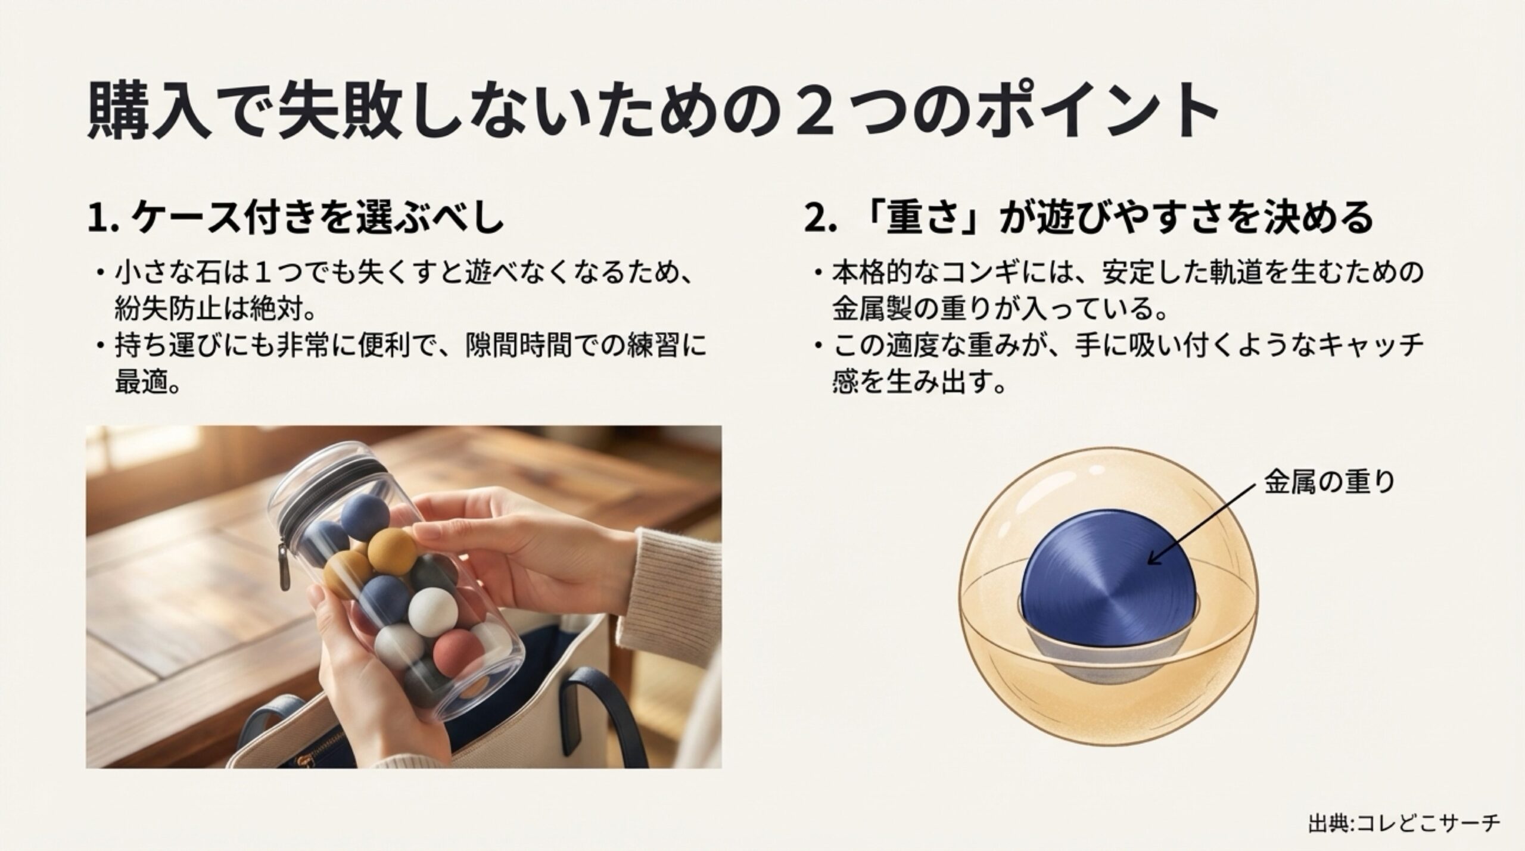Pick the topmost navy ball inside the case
coord(364,515)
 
